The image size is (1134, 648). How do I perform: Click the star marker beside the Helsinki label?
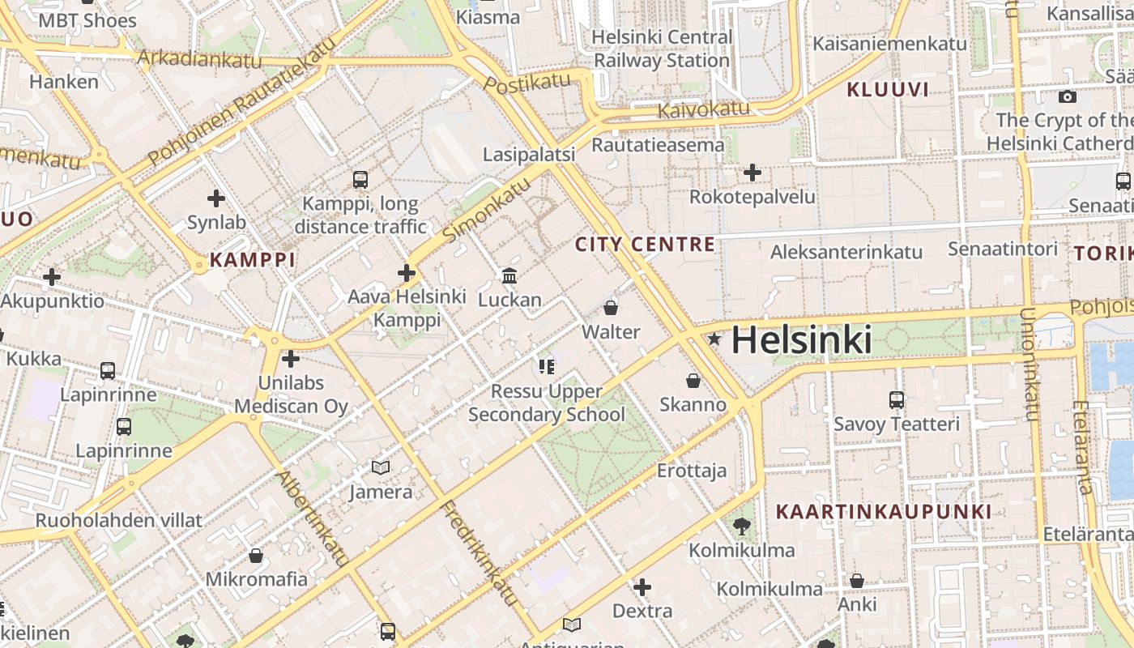(x=714, y=339)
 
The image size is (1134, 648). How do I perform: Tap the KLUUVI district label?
(x=888, y=90)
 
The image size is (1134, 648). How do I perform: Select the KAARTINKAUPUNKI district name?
(x=883, y=512)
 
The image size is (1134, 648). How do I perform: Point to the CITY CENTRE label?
(x=645, y=244)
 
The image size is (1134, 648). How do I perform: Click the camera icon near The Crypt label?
(x=1068, y=97)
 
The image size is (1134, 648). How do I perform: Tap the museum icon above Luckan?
(x=509, y=276)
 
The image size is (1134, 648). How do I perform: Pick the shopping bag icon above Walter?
(x=611, y=308)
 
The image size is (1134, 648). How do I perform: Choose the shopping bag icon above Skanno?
(x=693, y=380)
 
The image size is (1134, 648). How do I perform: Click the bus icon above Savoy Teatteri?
(x=896, y=399)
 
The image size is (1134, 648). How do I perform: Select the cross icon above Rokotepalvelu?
(x=752, y=173)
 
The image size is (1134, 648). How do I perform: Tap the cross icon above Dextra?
(x=642, y=586)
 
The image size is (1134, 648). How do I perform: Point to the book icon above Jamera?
(x=381, y=467)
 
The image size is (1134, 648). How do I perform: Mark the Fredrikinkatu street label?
(x=479, y=553)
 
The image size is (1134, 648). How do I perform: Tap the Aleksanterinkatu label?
(x=846, y=252)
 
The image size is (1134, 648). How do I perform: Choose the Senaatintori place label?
(x=1003, y=249)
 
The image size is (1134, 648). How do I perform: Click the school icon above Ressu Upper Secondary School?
(x=547, y=367)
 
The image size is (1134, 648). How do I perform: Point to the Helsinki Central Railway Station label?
(x=662, y=49)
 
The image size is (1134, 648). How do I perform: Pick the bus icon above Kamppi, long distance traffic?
(x=360, y=179)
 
